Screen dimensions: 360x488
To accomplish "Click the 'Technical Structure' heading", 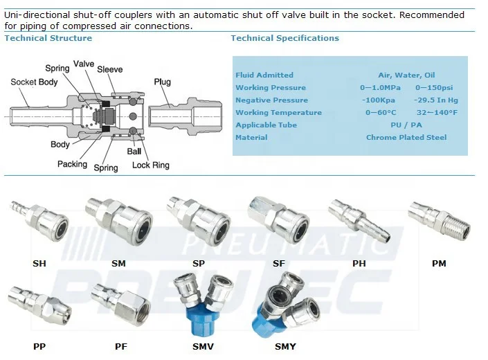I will tap(48, 38).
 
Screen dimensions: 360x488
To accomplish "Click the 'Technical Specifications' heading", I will tap(284, 38).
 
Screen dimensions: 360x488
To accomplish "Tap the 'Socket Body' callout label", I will tap(34, 82).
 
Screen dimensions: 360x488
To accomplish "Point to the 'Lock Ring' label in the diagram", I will tap(150, 165).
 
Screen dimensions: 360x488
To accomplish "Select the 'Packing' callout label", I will tap(72, 164).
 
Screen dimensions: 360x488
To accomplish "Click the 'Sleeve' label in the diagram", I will tap(110, 69).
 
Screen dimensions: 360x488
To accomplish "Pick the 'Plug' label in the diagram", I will tap(162, 82).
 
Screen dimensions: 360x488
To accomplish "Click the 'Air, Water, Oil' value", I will tap(406, 75).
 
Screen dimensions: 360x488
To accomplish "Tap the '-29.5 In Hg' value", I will tap(435, 100).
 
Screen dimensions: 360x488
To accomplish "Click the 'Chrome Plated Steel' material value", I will tap(406, 138).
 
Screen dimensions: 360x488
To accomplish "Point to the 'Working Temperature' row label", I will tap(278, 113).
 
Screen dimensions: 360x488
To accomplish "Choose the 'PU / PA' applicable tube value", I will tap(406, 125).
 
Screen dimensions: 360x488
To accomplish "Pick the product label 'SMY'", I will tap(284, 346).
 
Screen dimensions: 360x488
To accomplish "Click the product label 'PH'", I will tap(359, 263).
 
